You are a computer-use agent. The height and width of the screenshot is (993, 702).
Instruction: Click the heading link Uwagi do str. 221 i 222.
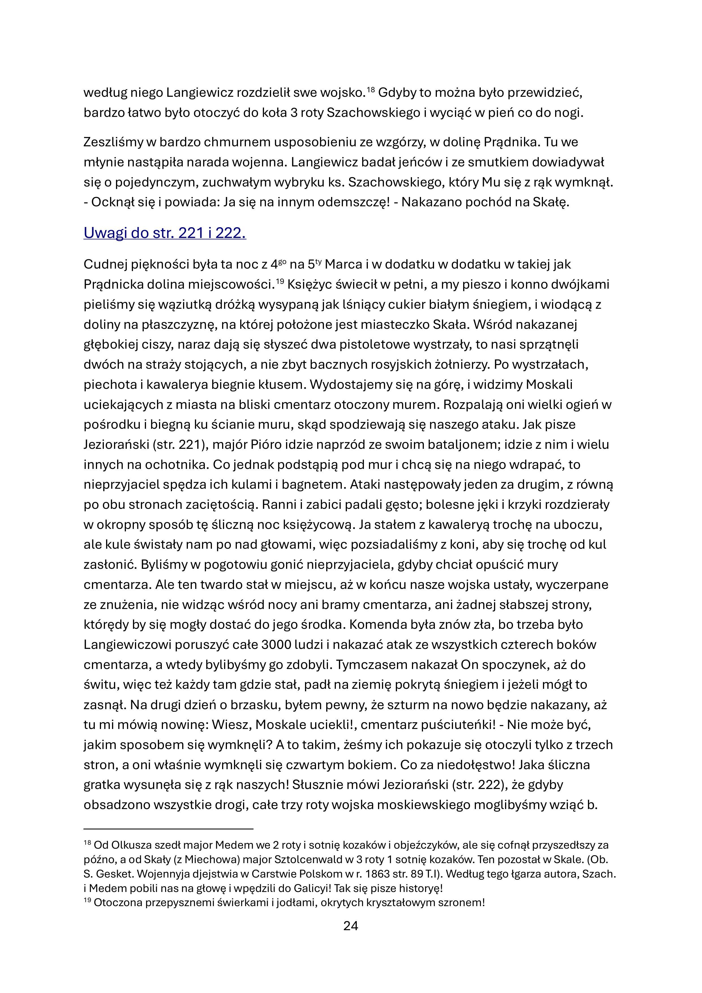click(x=165, y=233)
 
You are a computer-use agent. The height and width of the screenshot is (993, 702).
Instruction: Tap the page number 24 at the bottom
click(x=351, y=926)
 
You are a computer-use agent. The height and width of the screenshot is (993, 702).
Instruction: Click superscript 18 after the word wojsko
click(x=371, y=89)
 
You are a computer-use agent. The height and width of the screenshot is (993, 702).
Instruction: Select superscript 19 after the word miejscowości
click(x=280, y=282)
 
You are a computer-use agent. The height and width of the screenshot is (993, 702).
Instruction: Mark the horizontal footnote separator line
click(x=168, y=829)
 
